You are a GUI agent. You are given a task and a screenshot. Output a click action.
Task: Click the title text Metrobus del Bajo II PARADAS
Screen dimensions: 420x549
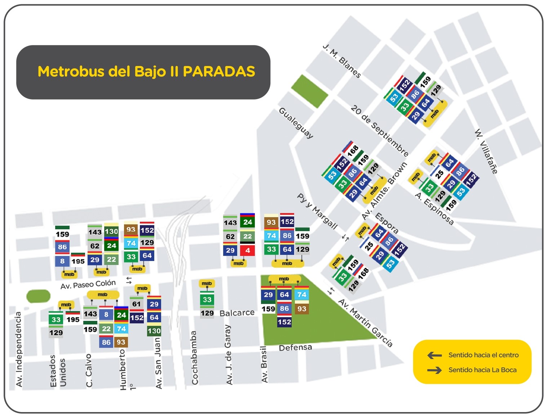[146, 71]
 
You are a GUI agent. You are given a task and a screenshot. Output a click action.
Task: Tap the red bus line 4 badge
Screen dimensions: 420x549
[247, 250]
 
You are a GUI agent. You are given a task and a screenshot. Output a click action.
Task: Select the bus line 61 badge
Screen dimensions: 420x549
[136, 304]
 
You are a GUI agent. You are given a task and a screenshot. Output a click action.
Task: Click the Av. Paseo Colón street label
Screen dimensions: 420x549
[88, 284]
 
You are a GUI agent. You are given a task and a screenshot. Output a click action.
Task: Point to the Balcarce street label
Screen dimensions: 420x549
[237, 313]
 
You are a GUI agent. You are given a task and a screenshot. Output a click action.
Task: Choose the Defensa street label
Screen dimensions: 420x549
[295, 348]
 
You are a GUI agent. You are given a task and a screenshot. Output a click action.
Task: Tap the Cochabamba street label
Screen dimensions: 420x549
[194, 358]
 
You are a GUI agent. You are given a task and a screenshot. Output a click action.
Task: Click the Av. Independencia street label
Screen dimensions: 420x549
[19, 349]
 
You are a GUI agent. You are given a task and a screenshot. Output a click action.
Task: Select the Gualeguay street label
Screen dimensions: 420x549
[296, 123]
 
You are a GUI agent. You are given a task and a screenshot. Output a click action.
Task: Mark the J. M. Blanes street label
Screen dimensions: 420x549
[341, 61]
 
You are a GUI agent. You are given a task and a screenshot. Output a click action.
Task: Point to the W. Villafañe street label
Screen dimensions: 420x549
[486, 151]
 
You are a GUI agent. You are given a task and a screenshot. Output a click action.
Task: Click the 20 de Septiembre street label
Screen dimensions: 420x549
[380, 131]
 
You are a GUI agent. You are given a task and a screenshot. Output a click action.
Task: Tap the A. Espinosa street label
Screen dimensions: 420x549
[434, 209]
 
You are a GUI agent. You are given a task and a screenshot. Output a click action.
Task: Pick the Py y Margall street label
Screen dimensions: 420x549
[317, 211]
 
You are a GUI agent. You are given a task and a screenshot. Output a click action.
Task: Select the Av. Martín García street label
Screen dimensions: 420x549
[365, 323]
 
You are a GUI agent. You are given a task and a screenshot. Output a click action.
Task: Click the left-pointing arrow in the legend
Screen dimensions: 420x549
[434, 355]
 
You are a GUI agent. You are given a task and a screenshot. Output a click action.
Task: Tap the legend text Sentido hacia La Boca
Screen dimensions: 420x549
[482, 370]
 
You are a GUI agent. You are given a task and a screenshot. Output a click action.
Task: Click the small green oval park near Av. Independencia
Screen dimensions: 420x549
[38, 296]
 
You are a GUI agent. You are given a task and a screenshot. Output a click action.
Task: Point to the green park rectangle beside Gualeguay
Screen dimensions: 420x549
[310, 91]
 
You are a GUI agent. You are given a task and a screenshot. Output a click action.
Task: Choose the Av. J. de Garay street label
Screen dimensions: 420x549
[228, 354]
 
